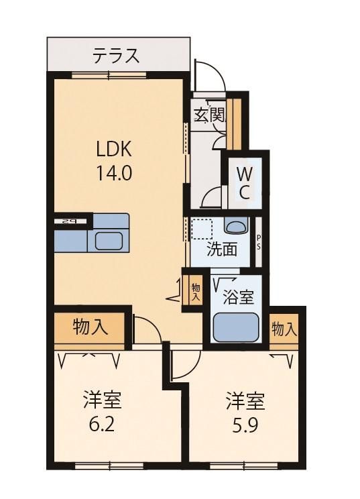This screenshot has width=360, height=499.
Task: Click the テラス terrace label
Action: [116, 55]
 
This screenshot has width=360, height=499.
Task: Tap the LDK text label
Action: [114, 149]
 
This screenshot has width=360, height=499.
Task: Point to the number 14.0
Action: [114, 174]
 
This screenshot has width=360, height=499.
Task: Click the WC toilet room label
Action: [244, 183]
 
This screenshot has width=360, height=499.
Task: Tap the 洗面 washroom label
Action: [222, 249]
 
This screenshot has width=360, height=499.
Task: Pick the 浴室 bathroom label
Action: [238, 298]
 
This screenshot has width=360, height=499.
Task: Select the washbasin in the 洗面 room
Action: [236, 226]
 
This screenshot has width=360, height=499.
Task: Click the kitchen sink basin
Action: [109, 241]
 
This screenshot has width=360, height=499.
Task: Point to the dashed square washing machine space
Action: [201, 229]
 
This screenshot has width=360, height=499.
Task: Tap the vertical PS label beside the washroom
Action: [259, 242]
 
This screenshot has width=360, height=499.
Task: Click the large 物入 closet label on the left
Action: [91, 327]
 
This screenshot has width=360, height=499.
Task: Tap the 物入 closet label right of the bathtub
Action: [284, 329]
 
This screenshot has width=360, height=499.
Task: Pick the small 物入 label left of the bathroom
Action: [196, 292]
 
